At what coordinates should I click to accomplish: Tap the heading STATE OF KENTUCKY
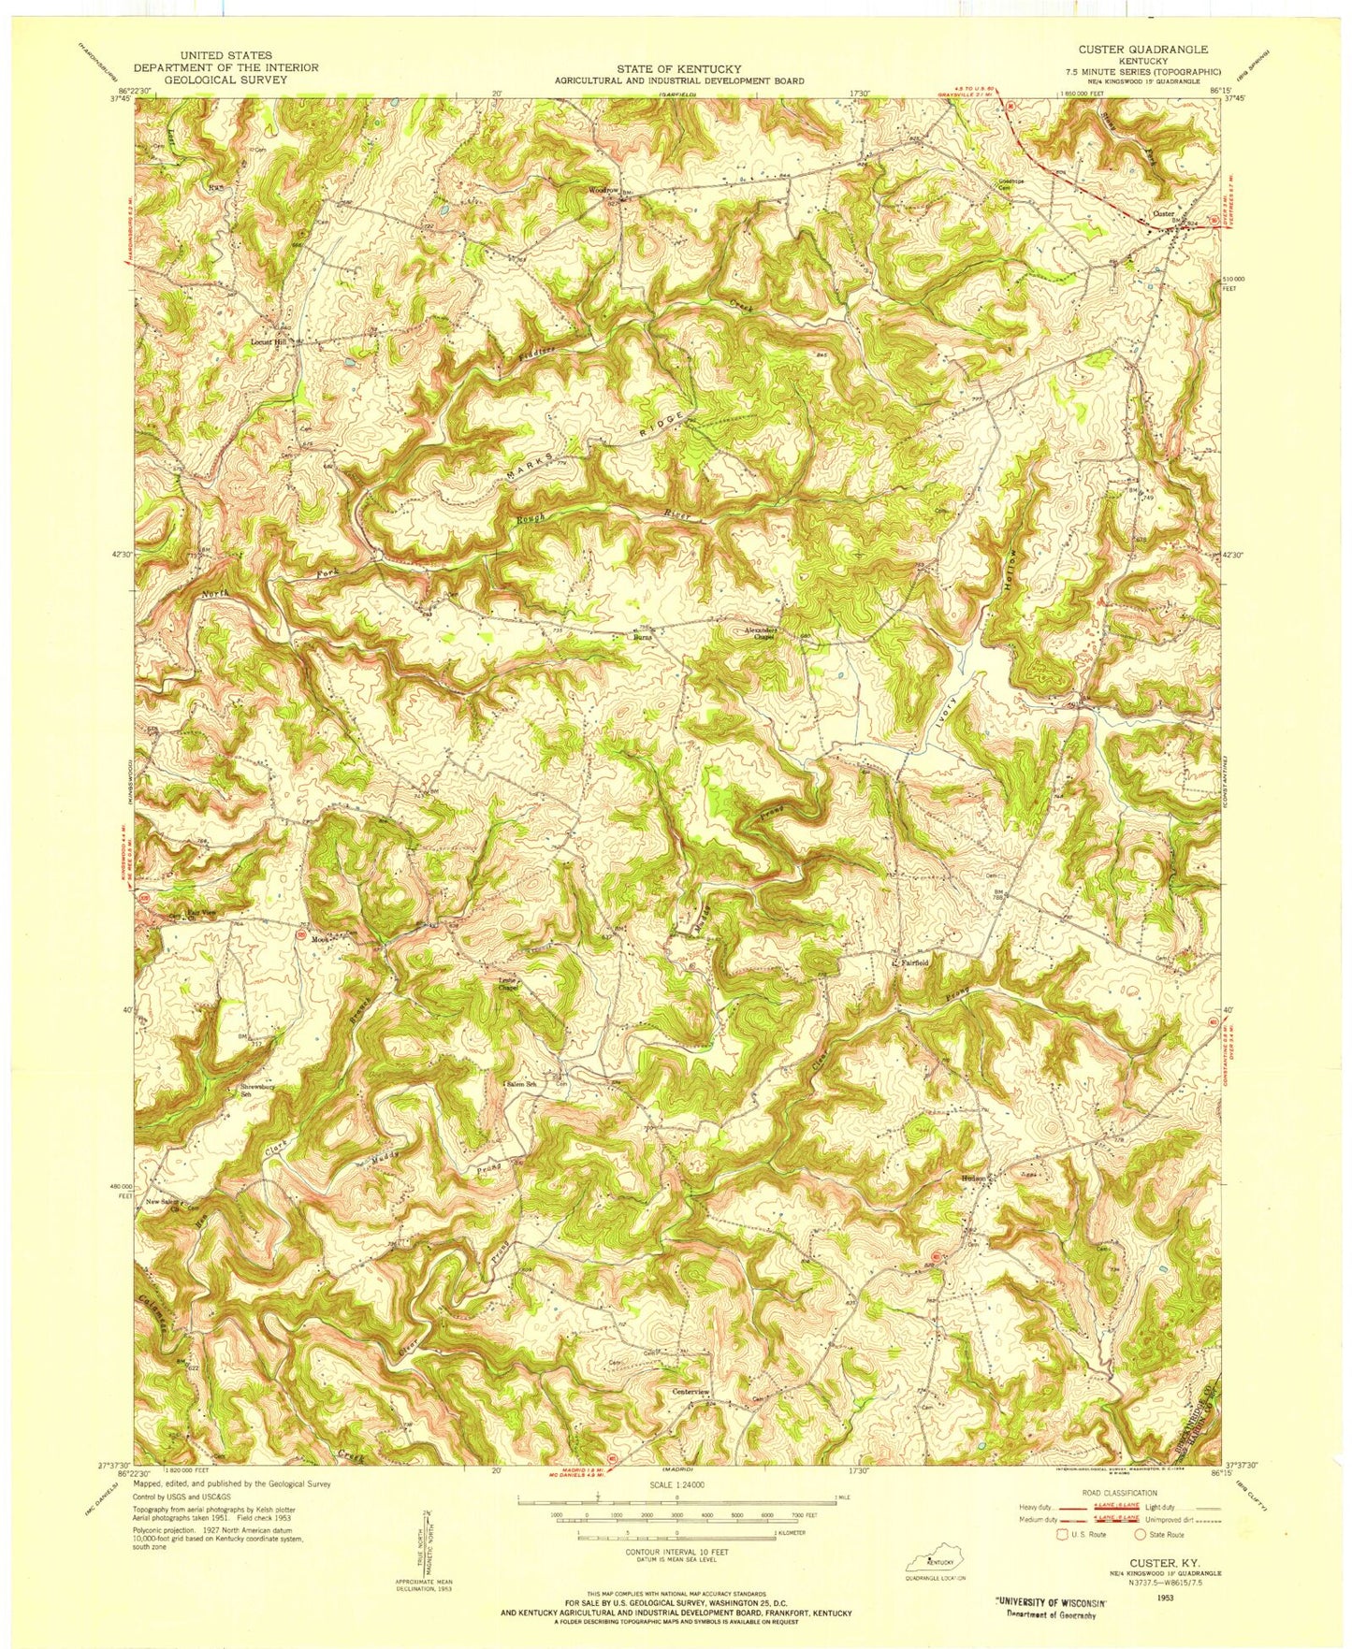(678, 69)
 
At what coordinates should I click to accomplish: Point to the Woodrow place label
(603, 190)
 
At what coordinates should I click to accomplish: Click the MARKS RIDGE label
(599, 445)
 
